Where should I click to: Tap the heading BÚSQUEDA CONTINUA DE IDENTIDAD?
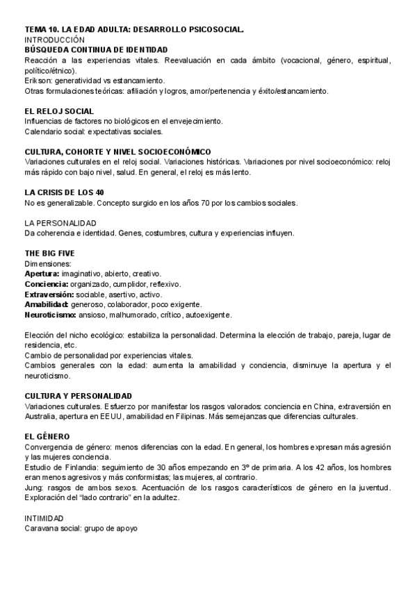tap(96, 50)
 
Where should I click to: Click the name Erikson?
tap(38, 81)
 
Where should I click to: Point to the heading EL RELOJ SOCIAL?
tap(59, 111)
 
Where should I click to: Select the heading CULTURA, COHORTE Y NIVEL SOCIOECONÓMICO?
tap(118, 152)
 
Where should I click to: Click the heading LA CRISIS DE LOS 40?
tap(64, 192)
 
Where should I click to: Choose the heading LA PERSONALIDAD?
tap(60, 223)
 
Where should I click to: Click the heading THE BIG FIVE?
tap(49, 254)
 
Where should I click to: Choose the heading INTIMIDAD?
tap(44, 518)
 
